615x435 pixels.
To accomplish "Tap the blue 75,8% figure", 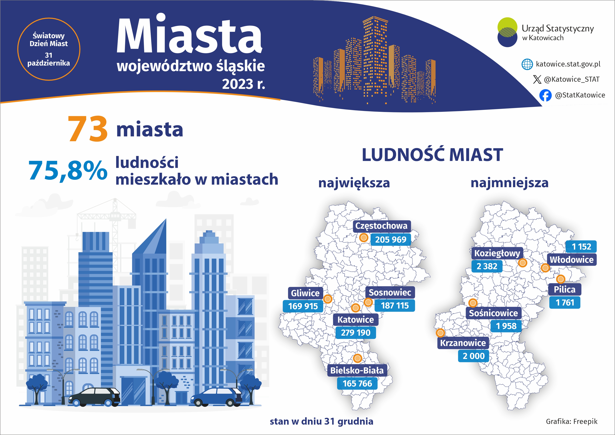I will pos(68,170).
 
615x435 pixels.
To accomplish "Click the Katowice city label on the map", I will pos(356,320).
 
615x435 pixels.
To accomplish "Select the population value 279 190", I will pos(356,333).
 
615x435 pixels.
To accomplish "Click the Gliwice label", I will pos(305,293).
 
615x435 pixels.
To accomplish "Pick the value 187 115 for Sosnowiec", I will pos(395,306).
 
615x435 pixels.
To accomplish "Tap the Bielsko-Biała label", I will pos(357,371).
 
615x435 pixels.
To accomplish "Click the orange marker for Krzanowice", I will pos(440,333).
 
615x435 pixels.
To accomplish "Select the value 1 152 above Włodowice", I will pos(581,246).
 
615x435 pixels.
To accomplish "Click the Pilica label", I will pos(565,290).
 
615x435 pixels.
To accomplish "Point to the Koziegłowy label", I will pos(497,253).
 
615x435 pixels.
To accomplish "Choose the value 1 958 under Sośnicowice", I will pos(506,326).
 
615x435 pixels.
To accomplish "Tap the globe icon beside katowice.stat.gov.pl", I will pos(527,64).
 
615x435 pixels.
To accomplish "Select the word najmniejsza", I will pos(510,183).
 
